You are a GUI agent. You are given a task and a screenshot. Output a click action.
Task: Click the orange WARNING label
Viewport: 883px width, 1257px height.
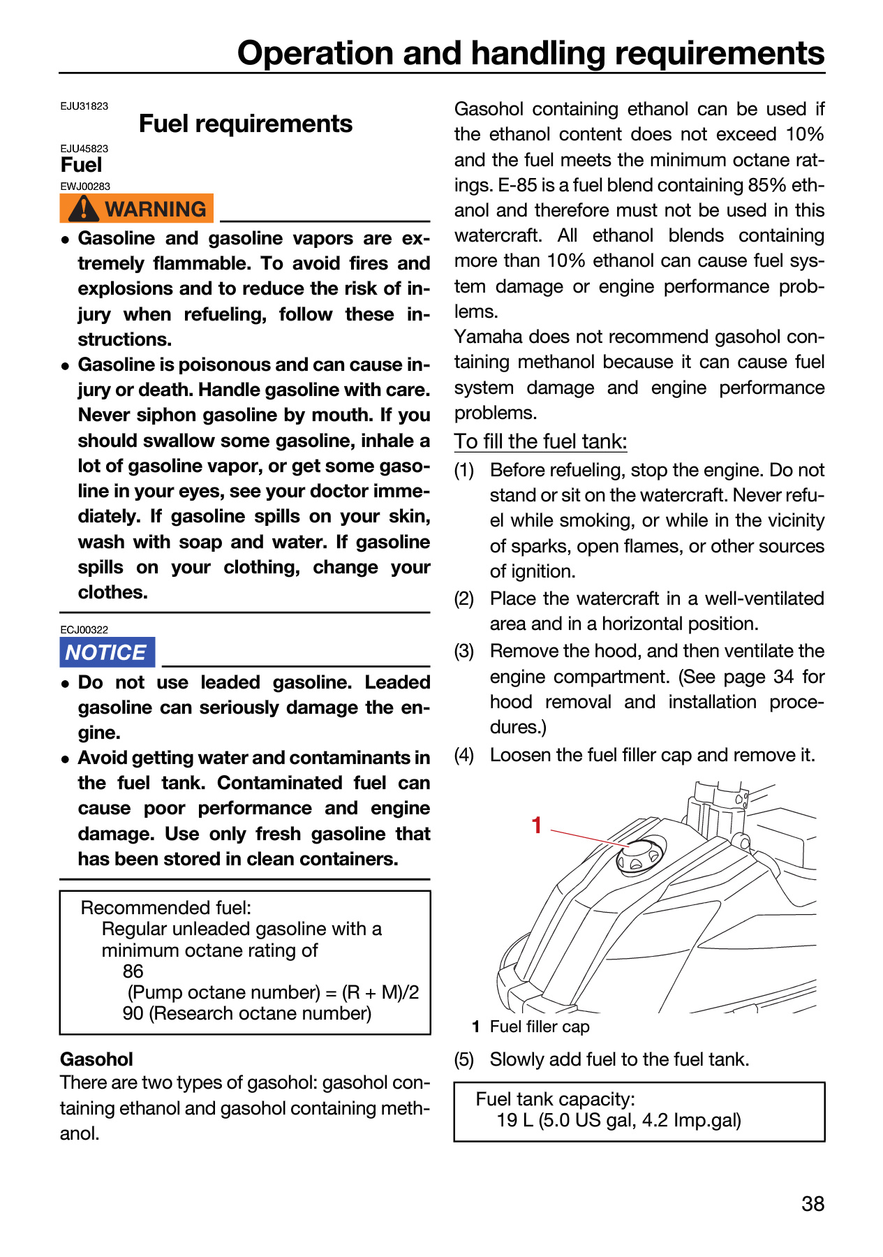coord(136,208)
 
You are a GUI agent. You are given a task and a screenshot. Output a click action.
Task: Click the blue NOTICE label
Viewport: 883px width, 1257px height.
coord(107,652)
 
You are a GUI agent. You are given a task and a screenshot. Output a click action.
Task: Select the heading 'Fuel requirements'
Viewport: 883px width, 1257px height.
coord(246,124)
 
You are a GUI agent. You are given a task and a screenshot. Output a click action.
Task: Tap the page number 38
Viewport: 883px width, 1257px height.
coord(813,1204)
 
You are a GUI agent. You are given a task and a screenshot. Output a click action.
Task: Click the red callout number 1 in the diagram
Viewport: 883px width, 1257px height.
coord(536,825)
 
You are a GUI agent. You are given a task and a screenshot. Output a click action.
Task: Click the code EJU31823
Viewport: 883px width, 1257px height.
coord(84,106)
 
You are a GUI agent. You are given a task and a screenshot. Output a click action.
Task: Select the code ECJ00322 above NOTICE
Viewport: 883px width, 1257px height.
coord(84,629)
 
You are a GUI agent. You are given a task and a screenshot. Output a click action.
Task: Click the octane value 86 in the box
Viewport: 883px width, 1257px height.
coord(133,971)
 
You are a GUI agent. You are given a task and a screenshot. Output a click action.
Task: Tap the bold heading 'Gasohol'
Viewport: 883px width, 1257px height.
coord(96,1059)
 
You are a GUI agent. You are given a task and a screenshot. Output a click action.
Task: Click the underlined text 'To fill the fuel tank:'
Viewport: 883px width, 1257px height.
coord(541,441)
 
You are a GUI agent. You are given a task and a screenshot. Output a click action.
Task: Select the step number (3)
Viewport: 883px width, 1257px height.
coord(464,652)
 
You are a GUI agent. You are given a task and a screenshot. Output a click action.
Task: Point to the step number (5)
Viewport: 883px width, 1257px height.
coord(464,1060)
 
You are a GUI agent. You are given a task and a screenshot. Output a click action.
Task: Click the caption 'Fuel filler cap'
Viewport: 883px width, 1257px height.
coord(540,1027)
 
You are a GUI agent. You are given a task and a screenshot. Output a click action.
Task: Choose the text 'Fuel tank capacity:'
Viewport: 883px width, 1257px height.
coord(556,1099)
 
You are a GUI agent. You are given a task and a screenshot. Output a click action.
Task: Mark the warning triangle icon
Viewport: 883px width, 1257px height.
coord(83,208)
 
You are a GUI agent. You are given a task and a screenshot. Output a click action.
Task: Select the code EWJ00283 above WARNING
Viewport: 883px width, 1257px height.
coord(85,186)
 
